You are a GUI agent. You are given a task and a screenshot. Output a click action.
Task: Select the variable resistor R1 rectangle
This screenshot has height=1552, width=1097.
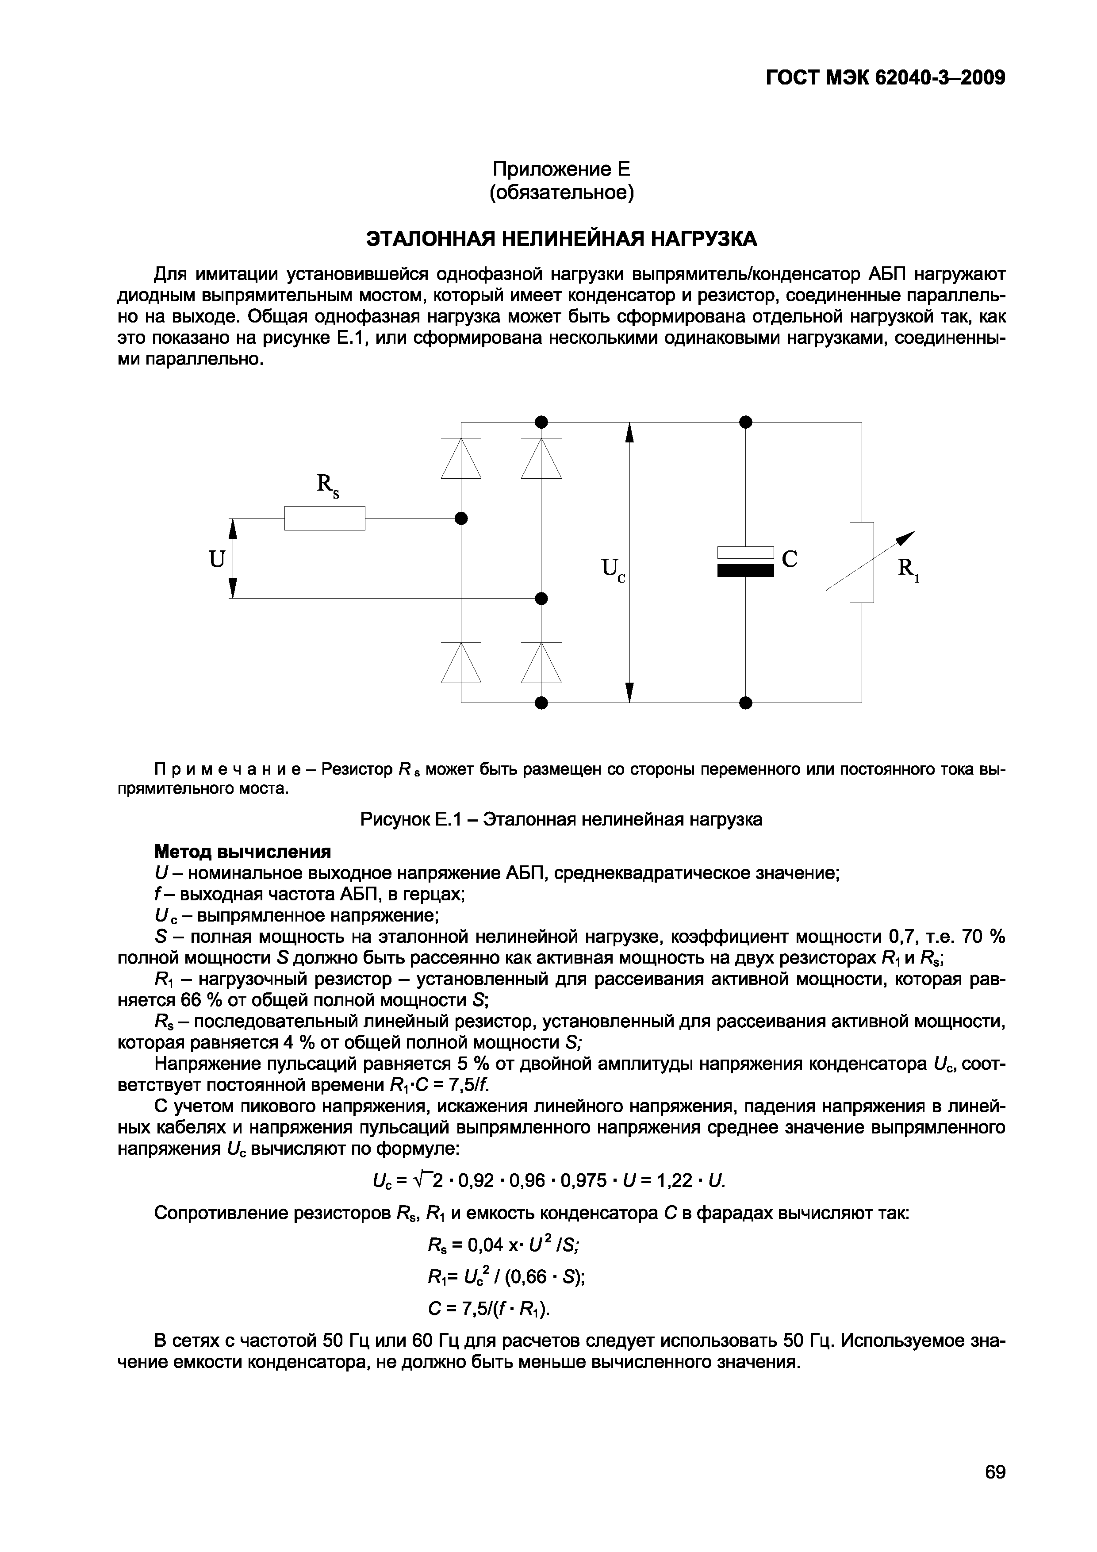(x=862, y=562)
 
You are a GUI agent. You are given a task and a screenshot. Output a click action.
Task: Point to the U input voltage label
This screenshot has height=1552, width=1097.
(x=216, y=559)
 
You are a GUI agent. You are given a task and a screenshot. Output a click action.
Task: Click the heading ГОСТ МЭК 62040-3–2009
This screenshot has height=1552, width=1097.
(x=886, y=78)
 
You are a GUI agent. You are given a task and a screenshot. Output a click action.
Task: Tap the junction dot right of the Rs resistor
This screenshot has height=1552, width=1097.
(x=462, y=519)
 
